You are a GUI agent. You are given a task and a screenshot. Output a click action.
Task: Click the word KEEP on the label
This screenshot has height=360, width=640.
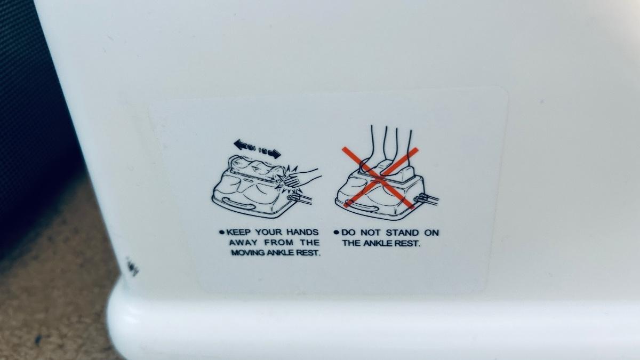[x=238, y=232]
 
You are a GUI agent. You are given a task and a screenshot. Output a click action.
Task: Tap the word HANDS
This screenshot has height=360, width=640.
[x=302, y=232]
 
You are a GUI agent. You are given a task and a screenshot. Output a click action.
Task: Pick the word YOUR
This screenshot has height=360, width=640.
[x=269, y=232]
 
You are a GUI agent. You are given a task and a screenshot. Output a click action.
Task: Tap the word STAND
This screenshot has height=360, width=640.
[x=402, y=233]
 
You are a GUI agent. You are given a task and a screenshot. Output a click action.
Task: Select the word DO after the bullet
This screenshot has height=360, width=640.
[x=349, y=233]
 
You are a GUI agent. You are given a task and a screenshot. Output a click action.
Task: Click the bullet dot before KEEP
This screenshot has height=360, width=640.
[x=221, y=233]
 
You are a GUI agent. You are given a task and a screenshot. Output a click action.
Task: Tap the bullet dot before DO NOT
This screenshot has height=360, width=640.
[x=336, y=233]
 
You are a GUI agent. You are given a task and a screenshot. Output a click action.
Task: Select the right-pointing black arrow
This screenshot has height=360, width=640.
[x=270, y=153]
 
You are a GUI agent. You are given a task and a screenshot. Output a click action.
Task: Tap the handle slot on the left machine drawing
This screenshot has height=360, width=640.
[x=239, y=203]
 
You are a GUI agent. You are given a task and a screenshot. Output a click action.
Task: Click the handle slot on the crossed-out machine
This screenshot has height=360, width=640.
[x=361, y=205]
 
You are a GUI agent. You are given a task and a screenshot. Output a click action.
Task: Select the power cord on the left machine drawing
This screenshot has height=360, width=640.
[x=300, y=199]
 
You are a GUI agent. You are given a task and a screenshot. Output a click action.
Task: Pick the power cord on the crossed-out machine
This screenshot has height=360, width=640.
[x=427, y=198]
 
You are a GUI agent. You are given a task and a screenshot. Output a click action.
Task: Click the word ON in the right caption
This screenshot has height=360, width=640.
[x=431, y=233]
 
